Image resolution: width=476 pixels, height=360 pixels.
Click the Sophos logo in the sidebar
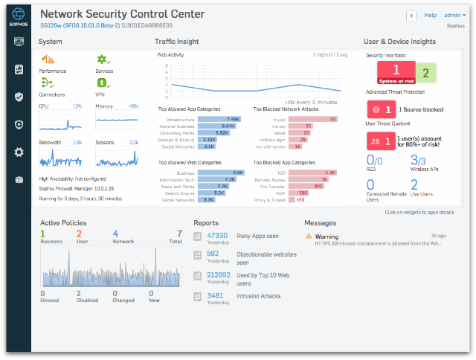19,17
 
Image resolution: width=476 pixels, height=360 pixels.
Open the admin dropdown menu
454,15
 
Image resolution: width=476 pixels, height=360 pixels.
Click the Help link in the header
430,15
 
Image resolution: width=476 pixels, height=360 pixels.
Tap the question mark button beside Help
411,16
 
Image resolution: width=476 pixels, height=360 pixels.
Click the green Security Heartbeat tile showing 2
425,73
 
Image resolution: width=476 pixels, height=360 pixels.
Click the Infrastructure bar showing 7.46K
219,119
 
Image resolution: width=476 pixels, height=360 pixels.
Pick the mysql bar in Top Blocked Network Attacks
313,119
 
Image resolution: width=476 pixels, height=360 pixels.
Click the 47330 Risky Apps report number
219,236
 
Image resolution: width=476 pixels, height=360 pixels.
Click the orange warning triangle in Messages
309,237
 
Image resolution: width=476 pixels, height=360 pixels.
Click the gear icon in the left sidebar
19,152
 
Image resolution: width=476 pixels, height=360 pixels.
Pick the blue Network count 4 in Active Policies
115,234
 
